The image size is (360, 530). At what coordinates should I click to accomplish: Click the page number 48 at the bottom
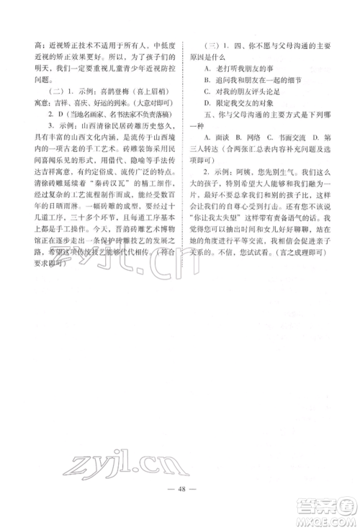pos(180,496)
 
